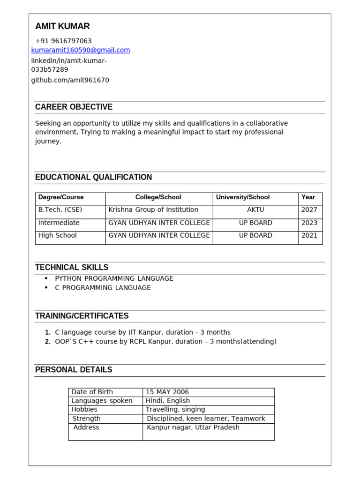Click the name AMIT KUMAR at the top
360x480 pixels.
[62, 26]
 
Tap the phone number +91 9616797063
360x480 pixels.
[63, 41]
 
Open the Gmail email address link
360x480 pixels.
[81, 50]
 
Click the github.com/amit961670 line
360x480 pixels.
[70, 80]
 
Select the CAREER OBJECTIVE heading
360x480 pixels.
[74, 107]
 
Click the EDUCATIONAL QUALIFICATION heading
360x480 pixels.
[93, 177]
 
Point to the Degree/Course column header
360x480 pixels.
[61, 197]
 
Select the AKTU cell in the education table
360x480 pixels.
[255, 210]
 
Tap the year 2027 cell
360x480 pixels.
[309, 210]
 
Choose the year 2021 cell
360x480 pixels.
[309, 236]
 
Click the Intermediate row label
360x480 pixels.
[59, 223]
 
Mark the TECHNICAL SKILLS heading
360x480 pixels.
[72, 267]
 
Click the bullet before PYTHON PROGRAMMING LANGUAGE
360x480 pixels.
[46, 278]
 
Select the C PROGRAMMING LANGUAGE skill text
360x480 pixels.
[103, 288]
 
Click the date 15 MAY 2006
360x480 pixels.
[167, 392]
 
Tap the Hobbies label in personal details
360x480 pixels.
[84, 410]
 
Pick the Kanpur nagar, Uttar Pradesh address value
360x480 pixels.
[193, 427]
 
